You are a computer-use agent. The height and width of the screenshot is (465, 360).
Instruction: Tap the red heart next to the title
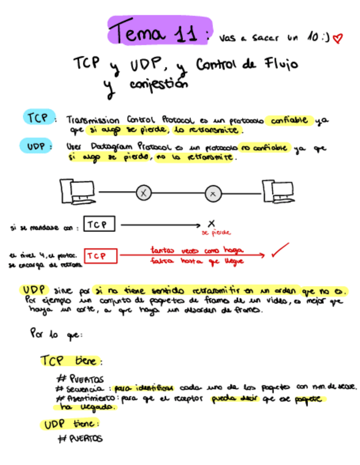coord(336,38)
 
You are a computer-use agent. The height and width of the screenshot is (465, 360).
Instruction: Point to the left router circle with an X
coord(143,192)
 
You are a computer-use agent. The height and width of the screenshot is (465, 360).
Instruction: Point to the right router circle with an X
coord(213,193)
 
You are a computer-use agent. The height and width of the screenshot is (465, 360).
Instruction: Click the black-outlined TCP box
coord(99,225)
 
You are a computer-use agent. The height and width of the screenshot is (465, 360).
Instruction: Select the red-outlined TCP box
coord(100,256)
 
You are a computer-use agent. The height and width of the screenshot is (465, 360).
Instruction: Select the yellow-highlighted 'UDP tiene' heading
coord(70,424)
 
